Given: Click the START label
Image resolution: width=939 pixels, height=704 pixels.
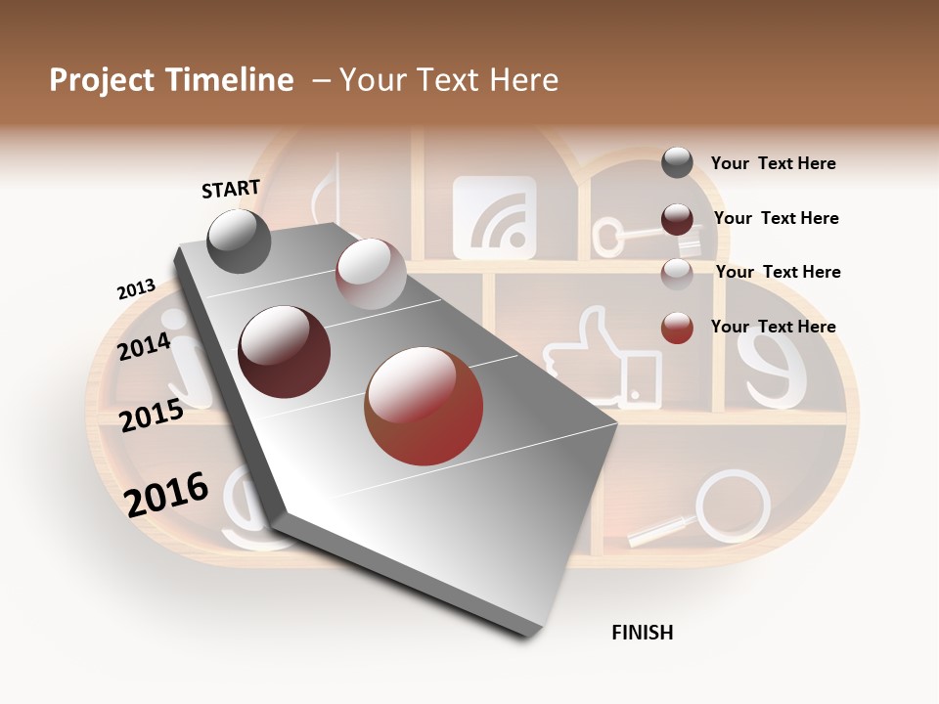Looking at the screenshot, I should pyautogui.click(x=231, y=189).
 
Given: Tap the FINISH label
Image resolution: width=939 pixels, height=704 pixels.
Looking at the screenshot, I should pyautogui.click(x=642, y=633).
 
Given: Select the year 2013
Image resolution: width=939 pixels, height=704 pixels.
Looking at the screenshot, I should pyautogui.click(x=136, y=289).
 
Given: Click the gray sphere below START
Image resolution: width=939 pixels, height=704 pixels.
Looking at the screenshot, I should pyautogui.click(x=239, y=241).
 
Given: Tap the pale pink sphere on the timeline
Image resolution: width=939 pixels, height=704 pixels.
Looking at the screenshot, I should pyautogui.click(x=370, y=274).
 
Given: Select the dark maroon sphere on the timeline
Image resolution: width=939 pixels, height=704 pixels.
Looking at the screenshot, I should pyautogui.click(x=284, y=351).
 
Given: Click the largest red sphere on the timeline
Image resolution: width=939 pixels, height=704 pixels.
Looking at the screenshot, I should pyautogui.click(x=424, y=406).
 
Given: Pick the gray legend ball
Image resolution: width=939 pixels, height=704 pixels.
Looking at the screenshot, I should pyautogui.click(x=677, y=162).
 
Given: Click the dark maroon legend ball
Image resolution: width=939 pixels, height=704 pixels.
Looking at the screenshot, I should pyautogui.click(x=677, y=219).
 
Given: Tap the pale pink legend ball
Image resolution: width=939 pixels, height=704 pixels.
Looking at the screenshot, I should pyautogui.click(x=677, y=273).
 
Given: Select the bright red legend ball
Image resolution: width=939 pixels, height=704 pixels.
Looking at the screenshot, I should pyautogui.click(x=677, y=328).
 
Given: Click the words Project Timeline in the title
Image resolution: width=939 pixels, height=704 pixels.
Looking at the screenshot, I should pyautogui.click(x=171, y=80).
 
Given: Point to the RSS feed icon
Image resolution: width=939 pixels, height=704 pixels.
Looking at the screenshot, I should pyautogui.click(x=494, y=217).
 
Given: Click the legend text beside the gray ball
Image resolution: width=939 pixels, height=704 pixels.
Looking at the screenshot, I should pyautogui.click(x=773, y=163).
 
